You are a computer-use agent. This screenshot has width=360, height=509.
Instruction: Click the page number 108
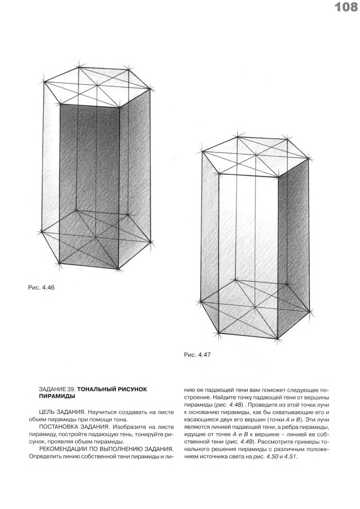(x=346, y=7)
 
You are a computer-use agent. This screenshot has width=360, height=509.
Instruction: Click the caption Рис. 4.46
(x=41, y=288)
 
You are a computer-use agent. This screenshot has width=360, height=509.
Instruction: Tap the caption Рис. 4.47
(x=198, y=355)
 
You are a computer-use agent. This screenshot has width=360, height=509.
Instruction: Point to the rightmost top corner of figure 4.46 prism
(x=150, y=89)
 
